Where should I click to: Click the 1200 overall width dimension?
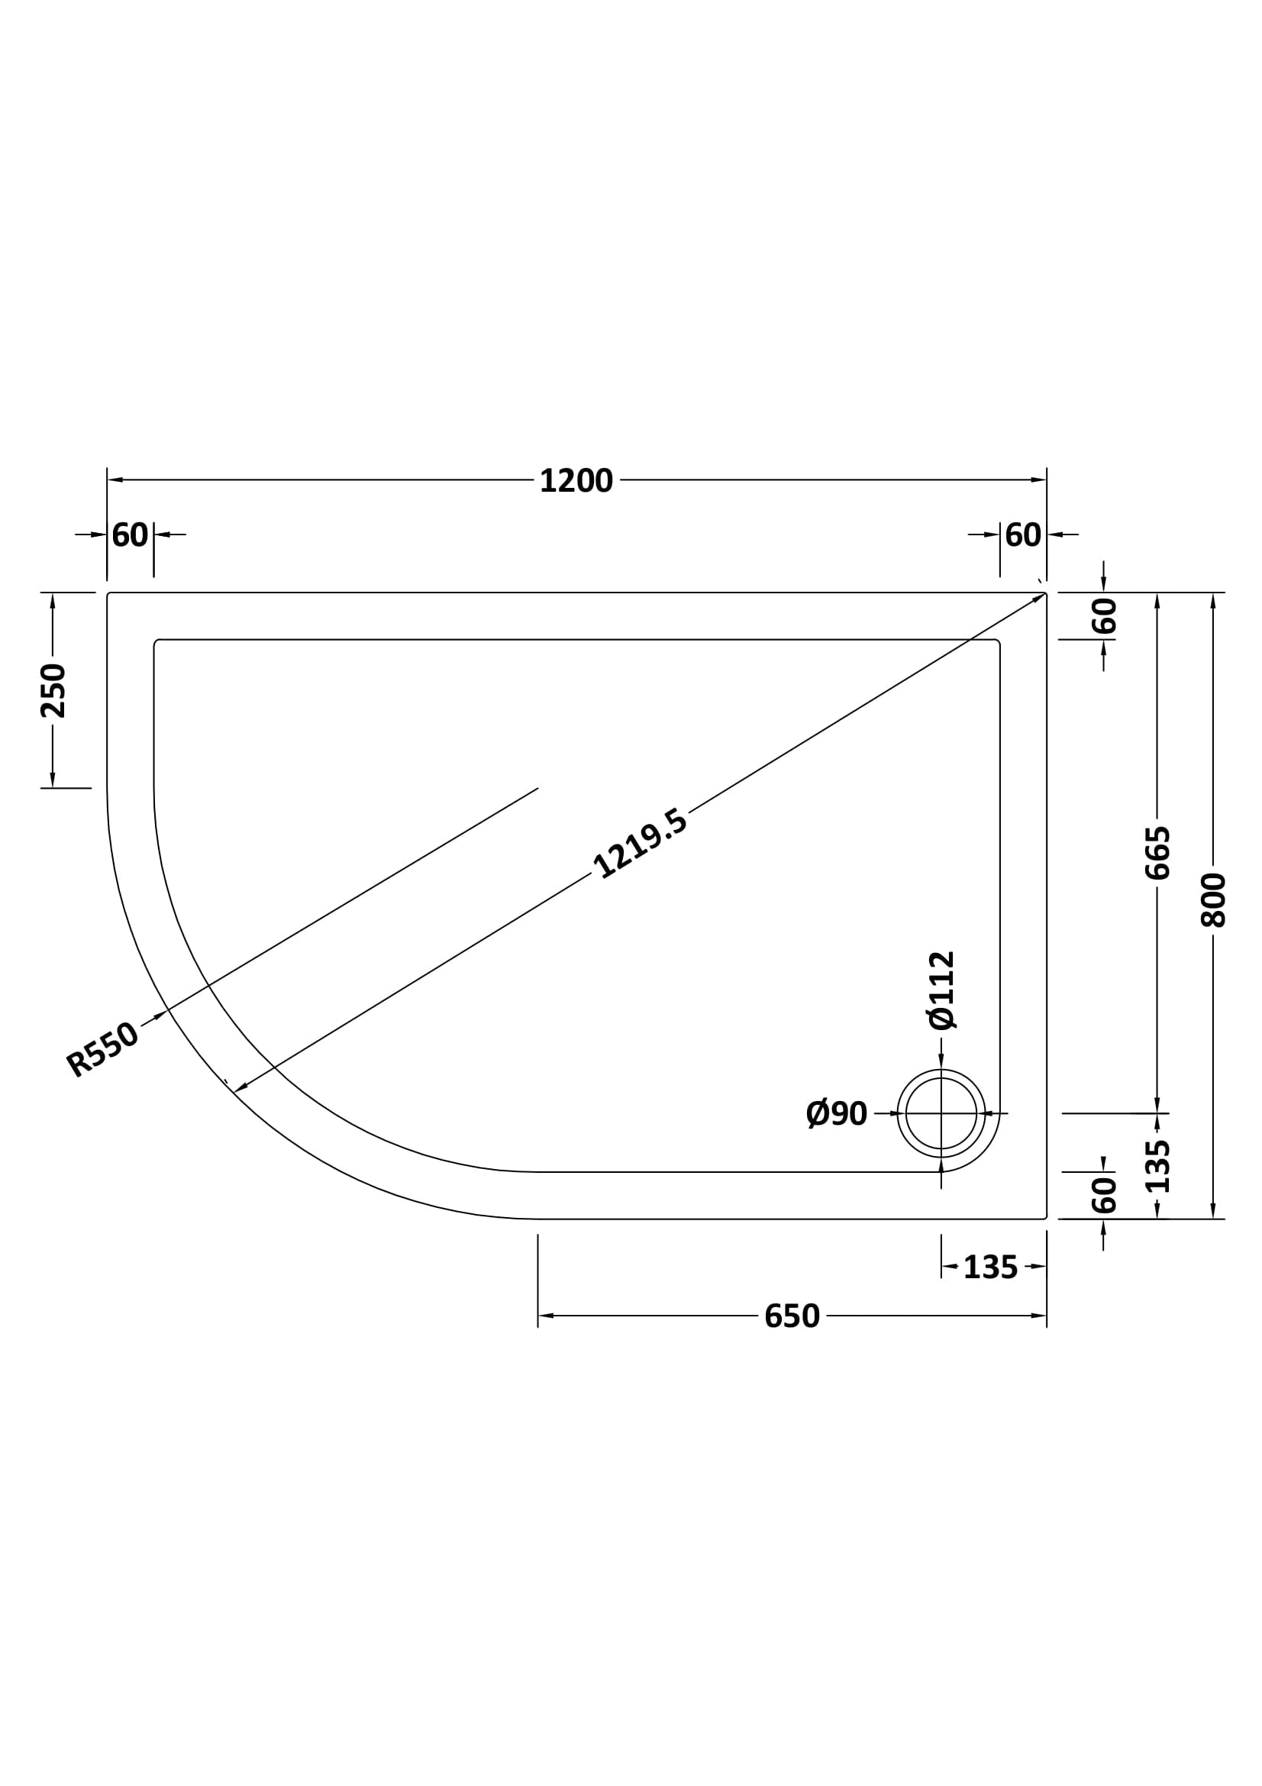click(x=576, y=481)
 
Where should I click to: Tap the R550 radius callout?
click(x=102, y=1049)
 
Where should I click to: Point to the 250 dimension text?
click(x=53, y=690)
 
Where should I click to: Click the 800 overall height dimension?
click(x=1212, y=900)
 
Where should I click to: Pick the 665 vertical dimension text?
click(x=1157, y=854)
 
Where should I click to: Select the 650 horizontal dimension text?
click(x=792, y=1316)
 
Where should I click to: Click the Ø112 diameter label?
click(x=941, y=990)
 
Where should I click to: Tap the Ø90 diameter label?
click(x=837, y=1114)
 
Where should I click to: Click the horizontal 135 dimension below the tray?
click(x=990, y=1268)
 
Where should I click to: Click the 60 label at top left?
click(x=130, y=535)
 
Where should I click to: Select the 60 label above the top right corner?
click(x=1022, y=535)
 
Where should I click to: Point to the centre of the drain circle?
click(x=941, y=1113)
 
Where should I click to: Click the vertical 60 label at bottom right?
click(x=1104, y=1195)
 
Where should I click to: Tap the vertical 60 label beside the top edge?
click(x=1104, y=615)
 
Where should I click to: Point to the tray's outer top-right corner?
click(x=1046, y=593)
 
